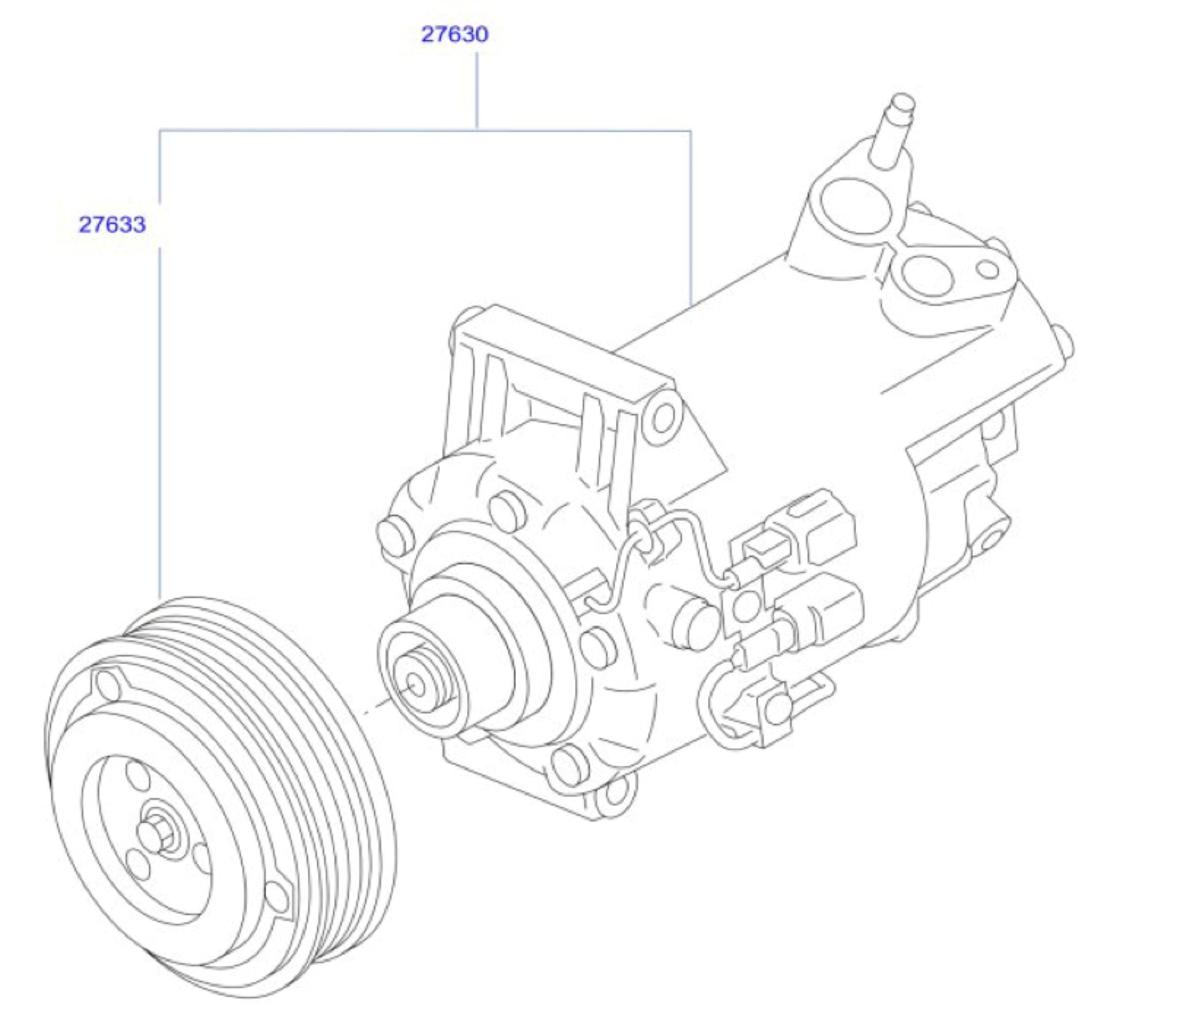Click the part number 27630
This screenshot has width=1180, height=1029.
click(x=455, y=35)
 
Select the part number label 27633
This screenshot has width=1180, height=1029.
click(x=112, y=224)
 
